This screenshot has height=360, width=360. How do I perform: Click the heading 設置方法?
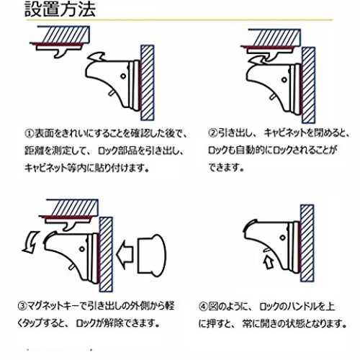[x=60, y=9]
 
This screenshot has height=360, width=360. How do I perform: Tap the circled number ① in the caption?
[x=30, y=134]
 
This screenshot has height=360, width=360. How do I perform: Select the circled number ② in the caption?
[x=213, y=133]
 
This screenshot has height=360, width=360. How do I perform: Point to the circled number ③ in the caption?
[x=22, y=306]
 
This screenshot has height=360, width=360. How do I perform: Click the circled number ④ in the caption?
[x=203, y=307]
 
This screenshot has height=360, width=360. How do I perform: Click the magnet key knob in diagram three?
[x=152, y=254]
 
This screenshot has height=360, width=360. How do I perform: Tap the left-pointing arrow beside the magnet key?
[x=125, y=254]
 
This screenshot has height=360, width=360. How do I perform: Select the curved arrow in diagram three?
[x=31, y=243]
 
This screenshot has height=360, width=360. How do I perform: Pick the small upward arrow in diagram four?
[x=269, y=262]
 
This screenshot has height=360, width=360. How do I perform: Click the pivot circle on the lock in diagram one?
[x=123, y=76]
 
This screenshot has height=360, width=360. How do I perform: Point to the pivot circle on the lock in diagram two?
[x=284, y=80]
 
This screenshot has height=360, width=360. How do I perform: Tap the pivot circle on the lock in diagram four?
[x=282, y=238]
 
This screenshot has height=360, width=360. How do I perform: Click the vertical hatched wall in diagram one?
[x=147, y=83]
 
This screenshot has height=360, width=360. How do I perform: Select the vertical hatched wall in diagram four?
[x=307, y=243]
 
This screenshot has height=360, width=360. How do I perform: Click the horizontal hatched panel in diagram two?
[x=274, y=37]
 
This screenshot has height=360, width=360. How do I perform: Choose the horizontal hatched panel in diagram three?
[x=72, y=207]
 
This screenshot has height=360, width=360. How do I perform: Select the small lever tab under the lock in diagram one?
[x=112, y=93]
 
